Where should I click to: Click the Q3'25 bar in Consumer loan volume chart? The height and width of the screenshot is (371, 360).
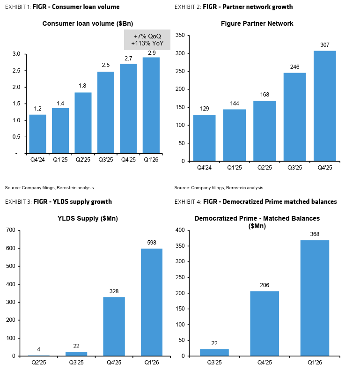[106, 112]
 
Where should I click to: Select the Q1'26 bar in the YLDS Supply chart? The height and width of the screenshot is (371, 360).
[152, 302]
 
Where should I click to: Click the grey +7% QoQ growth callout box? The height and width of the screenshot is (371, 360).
[147, 40]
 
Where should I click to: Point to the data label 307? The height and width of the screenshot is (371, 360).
[324, 45]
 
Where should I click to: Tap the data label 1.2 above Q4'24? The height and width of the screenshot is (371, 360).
[37, 109]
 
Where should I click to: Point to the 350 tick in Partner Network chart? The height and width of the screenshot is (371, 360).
[180, 36]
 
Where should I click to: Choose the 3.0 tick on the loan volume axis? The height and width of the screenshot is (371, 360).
[16, 54]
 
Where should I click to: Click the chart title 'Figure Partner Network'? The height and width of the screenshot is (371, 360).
[257, 23]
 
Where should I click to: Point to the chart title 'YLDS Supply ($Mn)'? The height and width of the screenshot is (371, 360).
[85, 219]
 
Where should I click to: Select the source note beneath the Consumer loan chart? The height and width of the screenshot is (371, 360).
[49, 187]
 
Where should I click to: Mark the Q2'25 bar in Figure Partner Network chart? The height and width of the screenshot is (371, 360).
[264, 131]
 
